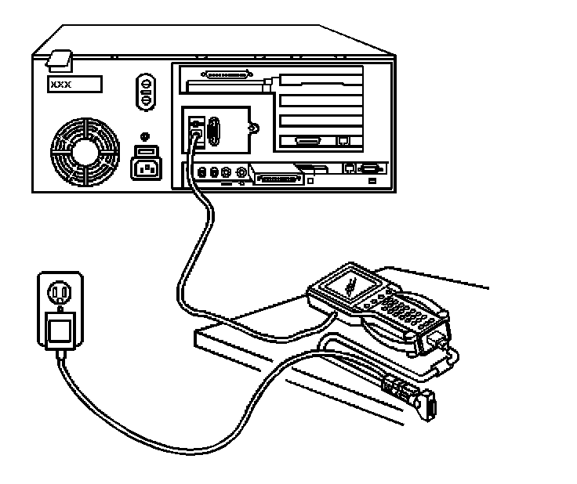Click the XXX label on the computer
74,84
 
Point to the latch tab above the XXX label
60,60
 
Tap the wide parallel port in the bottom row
275,177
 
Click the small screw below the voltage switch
145,134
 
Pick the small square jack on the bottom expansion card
342,143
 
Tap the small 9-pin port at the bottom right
370,168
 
